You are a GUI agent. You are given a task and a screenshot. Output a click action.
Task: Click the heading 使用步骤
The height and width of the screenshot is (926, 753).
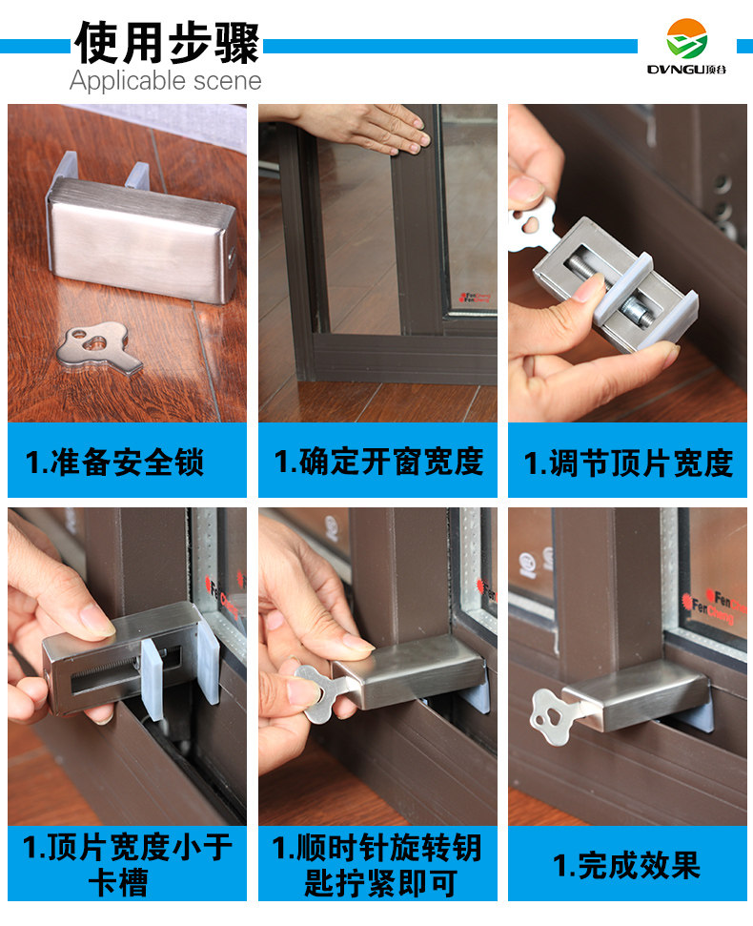pyautogui.click(x=167, y=43)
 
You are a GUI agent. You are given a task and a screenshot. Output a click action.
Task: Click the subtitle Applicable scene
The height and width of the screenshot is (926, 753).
pyautogui.click(x=165, y=81)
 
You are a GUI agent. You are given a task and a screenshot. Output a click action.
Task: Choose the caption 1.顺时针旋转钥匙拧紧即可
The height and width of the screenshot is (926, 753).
pyautogui.click(x=377, y=864)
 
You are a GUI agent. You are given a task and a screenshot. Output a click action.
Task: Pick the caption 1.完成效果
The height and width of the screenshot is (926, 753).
pyautogui.click(x=627, y=865)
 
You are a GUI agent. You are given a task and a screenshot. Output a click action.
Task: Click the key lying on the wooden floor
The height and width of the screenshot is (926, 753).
pyautogui.click(x=97, y=348)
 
